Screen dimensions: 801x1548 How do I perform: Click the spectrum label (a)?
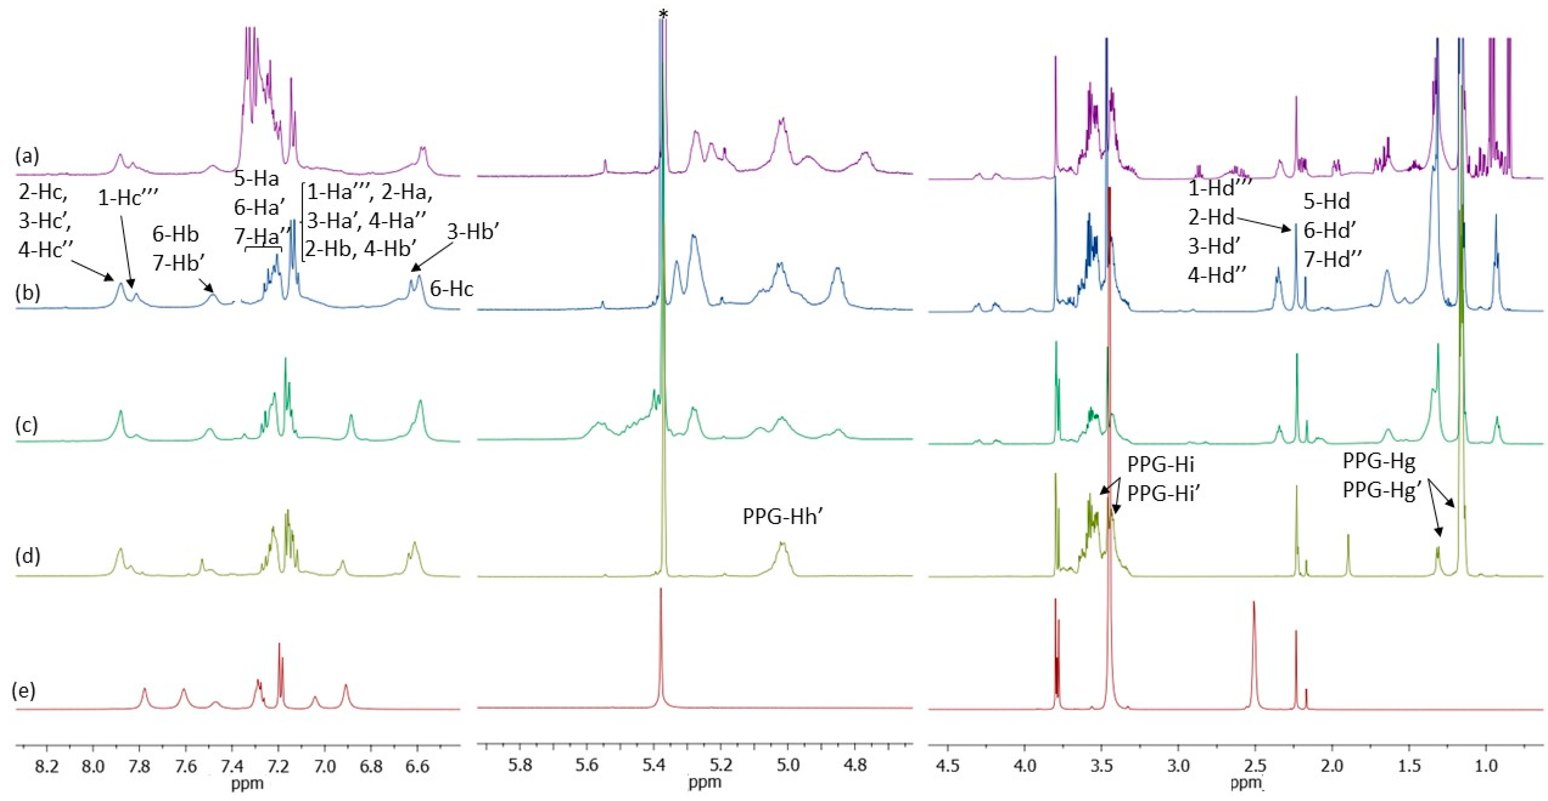27,157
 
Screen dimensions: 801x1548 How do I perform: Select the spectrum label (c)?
27,425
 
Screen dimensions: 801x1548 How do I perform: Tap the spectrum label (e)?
24,691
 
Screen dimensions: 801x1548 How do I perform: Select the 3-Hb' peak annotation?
473,232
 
